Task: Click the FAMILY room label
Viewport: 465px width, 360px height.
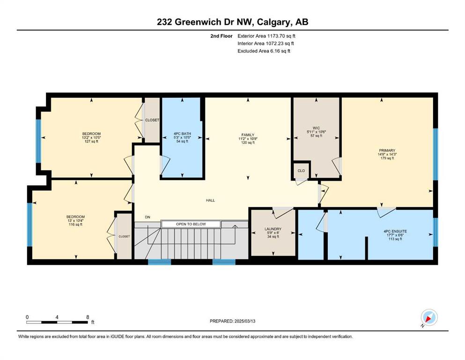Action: click(x=248, y=135)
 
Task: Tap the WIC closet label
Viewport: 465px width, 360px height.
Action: click(x=316, y=128)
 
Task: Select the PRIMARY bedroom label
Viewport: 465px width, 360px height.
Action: click(x=387, y=150)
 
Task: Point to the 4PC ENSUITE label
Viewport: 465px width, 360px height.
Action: click(x=395, y=231)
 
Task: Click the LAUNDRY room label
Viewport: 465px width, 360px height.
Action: click(x=273, y=229)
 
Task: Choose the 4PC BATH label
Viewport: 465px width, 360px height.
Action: click(x=182, y=134)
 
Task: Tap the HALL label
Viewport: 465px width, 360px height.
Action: click(x=210, y=200)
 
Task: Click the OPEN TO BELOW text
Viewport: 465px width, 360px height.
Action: click(x=191, y=224)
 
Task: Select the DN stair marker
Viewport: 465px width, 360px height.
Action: click(x=148, y=217)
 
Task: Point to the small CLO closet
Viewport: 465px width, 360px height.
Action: click(x=301, y=171)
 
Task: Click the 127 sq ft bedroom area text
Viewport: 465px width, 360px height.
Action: click(x=91, y=142)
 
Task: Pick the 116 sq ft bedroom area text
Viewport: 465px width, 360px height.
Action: click(x=75, y=225)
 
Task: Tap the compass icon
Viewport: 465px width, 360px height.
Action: click(x=429, y=317)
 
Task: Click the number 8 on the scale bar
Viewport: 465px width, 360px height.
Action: click(x=88, y=317)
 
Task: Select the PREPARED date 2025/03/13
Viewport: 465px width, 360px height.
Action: click(x=244, y=321)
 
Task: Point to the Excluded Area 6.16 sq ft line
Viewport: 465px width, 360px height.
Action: click(x=264, y=51)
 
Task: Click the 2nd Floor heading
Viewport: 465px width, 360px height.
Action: click(x=221, y=36)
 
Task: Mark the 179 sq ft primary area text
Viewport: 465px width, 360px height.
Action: click(x=387, y=158)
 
